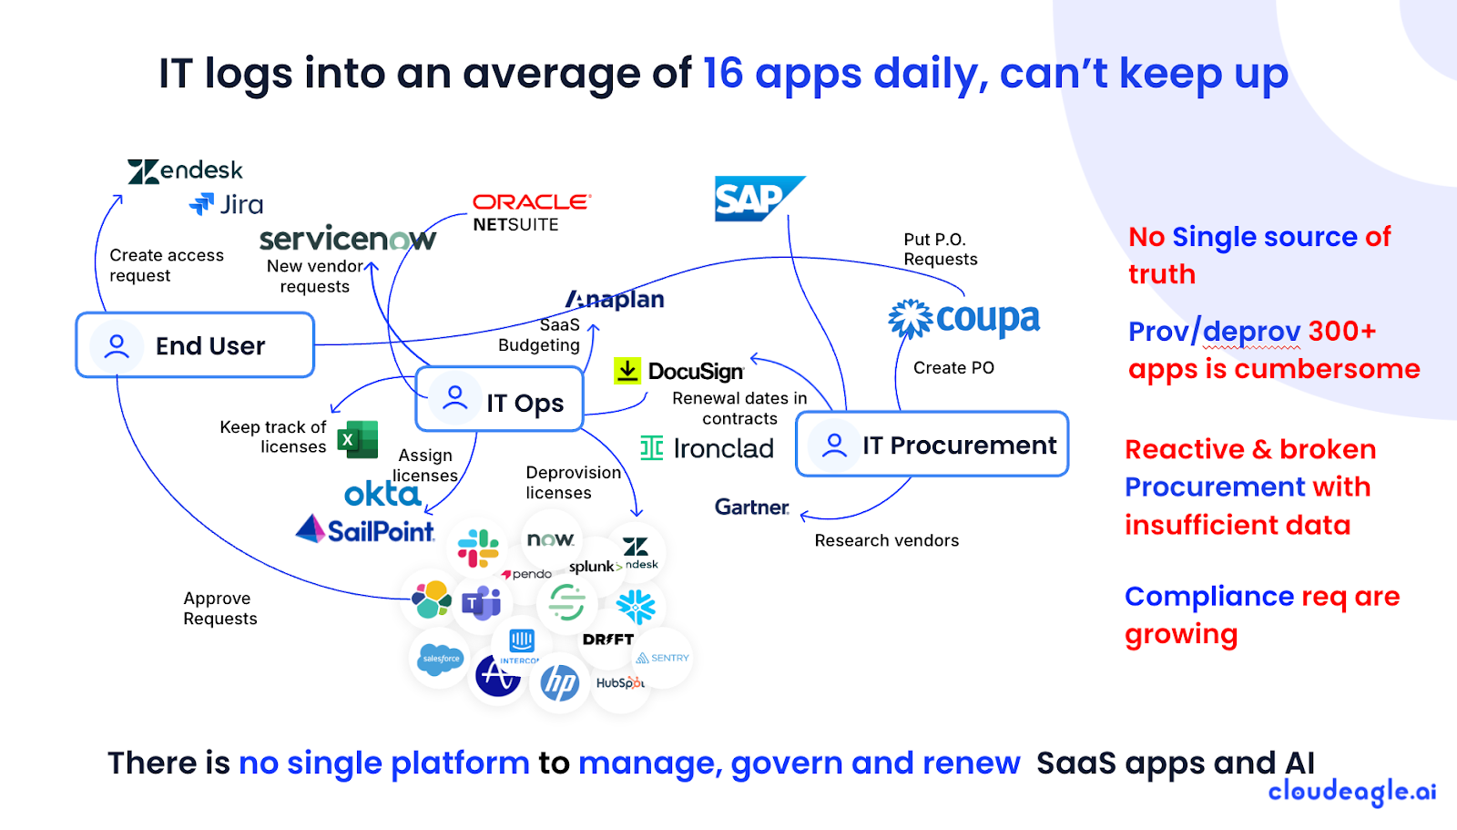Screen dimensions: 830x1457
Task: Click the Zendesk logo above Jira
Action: [x=185, y=170]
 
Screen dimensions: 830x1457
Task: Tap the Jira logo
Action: [x=226, y=204]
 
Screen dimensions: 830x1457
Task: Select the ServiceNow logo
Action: [x=347, y=239]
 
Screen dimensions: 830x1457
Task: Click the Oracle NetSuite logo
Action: [x=531, y=212]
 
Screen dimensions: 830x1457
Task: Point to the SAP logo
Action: [x=758, y=199]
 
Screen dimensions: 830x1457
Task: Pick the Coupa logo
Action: [x=964, y=319]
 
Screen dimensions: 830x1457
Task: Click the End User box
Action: [x=195, y=345]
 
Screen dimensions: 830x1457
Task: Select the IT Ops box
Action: [x=499, y=400]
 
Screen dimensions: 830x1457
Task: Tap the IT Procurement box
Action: [x=932, y=445]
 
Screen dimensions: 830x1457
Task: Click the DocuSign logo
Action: [x=679, y=371]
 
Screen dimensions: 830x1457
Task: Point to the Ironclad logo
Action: [x=707, y=448]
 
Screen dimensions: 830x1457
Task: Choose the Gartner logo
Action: [x=751, y=507]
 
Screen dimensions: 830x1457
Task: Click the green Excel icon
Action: [x=358, y=440]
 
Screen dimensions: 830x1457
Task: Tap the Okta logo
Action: [x=382, y=494]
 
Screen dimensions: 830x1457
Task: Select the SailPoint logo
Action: [x=365, y=529]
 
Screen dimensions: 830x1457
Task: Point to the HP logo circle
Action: [x=559, y=681]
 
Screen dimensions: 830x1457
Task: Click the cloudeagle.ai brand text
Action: [x=1351, y=792]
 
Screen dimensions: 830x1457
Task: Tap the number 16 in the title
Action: [x=723, y=73]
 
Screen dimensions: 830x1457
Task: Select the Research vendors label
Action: [x=886, y=540]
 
